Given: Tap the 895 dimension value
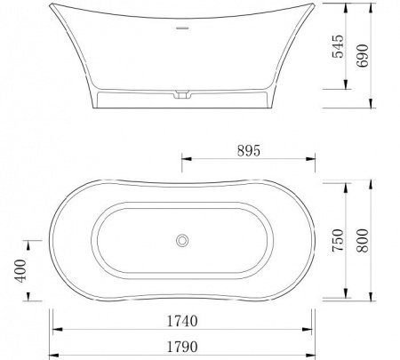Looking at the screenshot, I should point(248,151).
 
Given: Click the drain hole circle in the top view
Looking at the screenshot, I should point(182,240).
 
